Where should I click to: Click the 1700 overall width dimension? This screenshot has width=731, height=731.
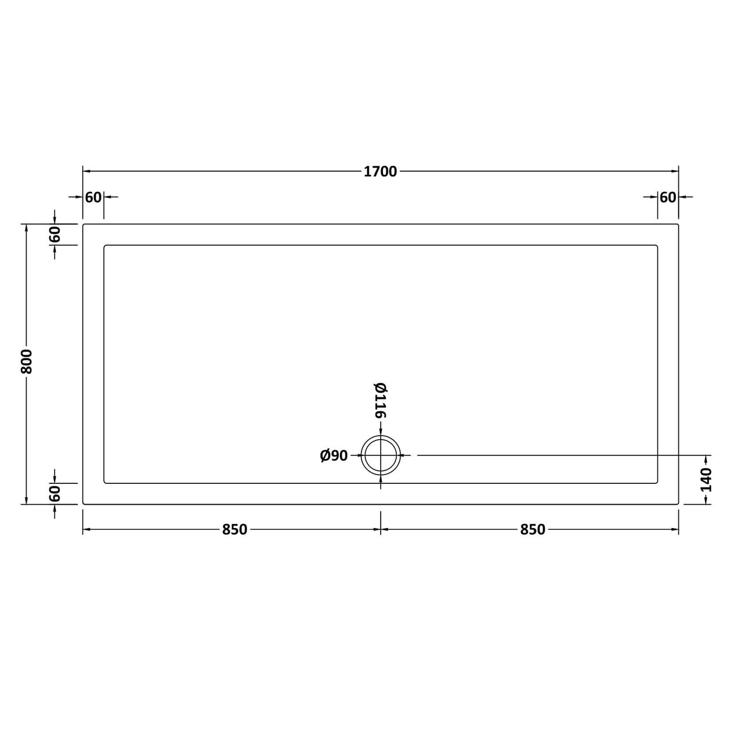[381, 172]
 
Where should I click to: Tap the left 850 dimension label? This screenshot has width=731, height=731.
[234, 530]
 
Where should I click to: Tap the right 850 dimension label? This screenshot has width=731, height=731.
[533, 530]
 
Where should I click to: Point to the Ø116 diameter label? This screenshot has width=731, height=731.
[381, 401]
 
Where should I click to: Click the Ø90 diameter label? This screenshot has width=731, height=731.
[334, 456]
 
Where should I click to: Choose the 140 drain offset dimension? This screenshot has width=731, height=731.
[706, 480]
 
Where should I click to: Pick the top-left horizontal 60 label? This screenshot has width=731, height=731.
[93, 197]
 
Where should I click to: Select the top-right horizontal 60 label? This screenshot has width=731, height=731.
[668, 197]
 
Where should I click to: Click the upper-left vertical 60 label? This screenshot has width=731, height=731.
[55, 234]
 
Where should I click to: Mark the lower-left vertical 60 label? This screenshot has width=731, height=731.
[55, 494]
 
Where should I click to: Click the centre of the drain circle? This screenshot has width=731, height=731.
[381, 455]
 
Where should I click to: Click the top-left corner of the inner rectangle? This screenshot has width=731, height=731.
[104, 246]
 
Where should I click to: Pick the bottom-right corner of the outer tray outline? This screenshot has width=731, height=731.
[678, 504]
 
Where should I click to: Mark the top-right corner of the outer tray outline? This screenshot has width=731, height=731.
[678, 225]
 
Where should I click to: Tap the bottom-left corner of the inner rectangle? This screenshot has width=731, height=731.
[104, 482]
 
